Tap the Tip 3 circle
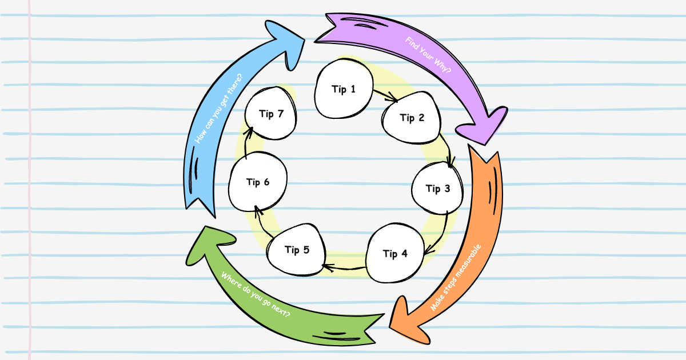point(438,189)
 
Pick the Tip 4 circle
point(395,254)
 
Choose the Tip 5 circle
point(297,250)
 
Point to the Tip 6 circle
point(258,182)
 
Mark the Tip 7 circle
point(271,114)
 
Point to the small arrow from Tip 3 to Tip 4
point(438,234)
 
